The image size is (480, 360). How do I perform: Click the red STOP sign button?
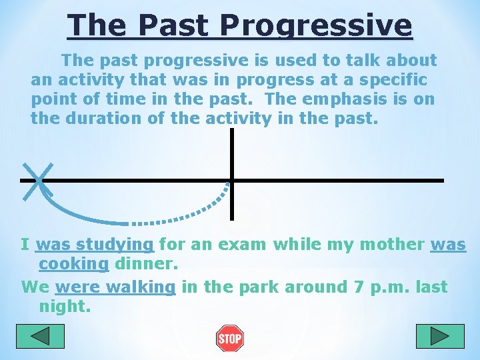coord(230,339)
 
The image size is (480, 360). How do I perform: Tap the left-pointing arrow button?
coord(41,336)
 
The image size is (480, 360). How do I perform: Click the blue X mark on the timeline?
coord(38,180)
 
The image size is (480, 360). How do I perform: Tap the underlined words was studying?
coord(95,244)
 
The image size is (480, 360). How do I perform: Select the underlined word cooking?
coord(73,263)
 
